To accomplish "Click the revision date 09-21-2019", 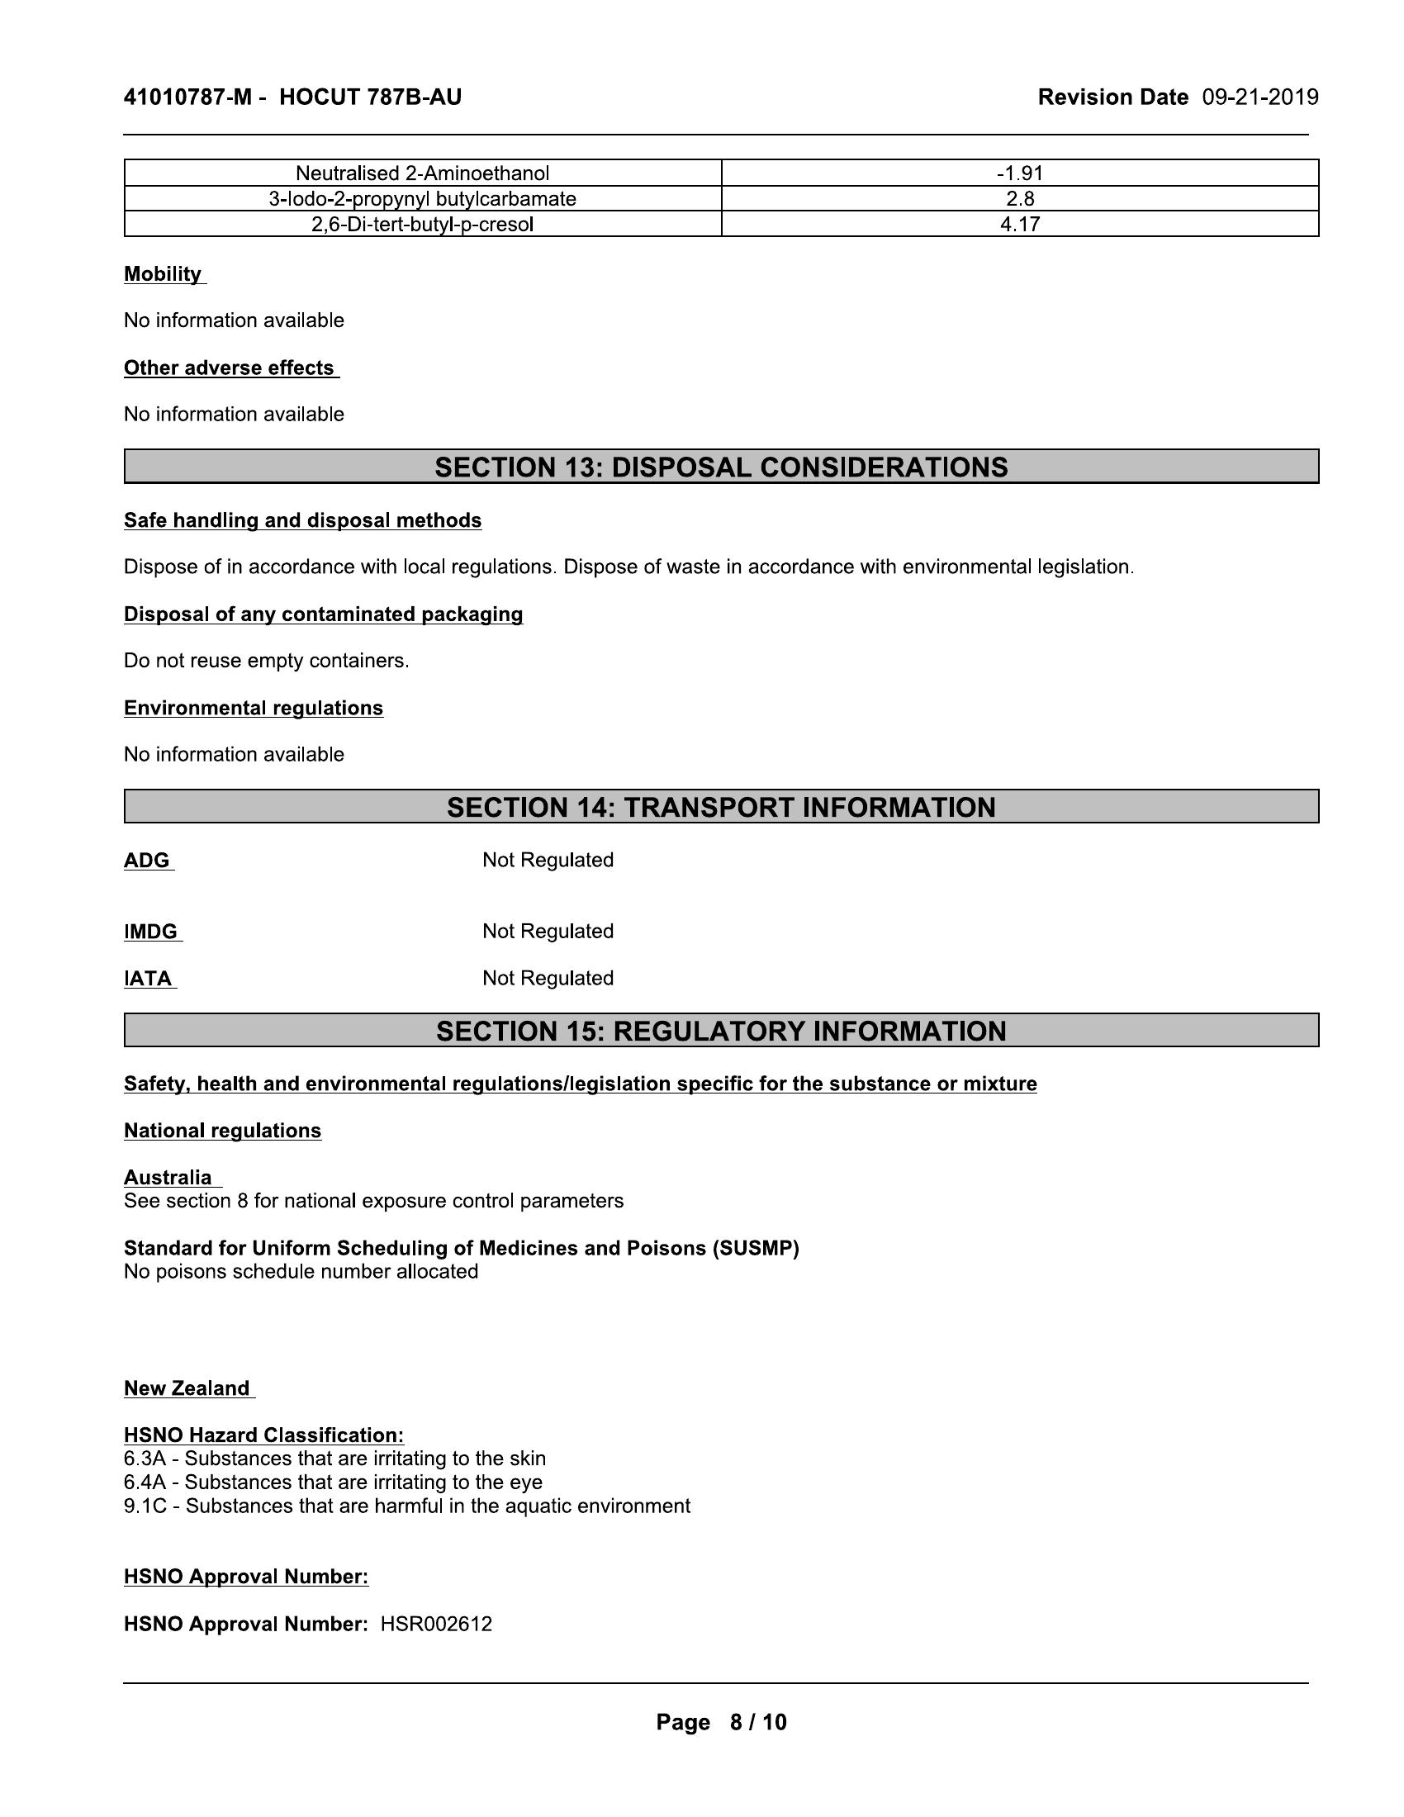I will pos(1259,97).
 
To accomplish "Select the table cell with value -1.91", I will pos(1020,173).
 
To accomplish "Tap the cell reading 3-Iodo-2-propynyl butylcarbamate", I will pos(423,199).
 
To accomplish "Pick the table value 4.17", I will pos(1020,224).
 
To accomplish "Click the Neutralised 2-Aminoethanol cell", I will pos(423,173).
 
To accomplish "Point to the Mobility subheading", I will pos(163,274).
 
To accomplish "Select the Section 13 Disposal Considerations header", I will pos(721,467).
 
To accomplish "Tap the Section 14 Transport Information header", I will pos(721,807).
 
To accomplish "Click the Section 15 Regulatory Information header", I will pos(721,1031).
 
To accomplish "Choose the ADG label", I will pos(147,861).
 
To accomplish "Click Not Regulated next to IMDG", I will pos(548,931).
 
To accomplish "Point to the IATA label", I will pos(149,979).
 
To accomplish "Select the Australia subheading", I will pos(168,1177).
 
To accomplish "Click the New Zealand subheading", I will pos(187,1388).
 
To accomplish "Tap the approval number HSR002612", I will pos(436,1624).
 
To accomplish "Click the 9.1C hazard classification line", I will pos(406,1506).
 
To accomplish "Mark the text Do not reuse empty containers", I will pos(266,661).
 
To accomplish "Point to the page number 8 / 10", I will pos(757,1722).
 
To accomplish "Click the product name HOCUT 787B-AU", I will pos(370,97).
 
